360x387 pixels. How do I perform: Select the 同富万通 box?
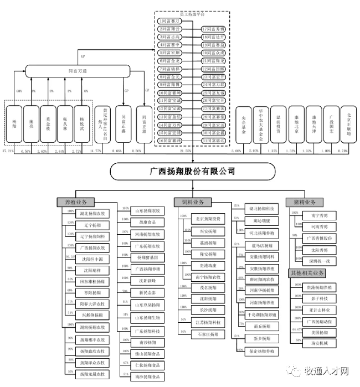(80, 71)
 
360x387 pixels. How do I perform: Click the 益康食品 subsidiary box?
(147, 222)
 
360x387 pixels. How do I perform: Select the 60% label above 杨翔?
(19, 90)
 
